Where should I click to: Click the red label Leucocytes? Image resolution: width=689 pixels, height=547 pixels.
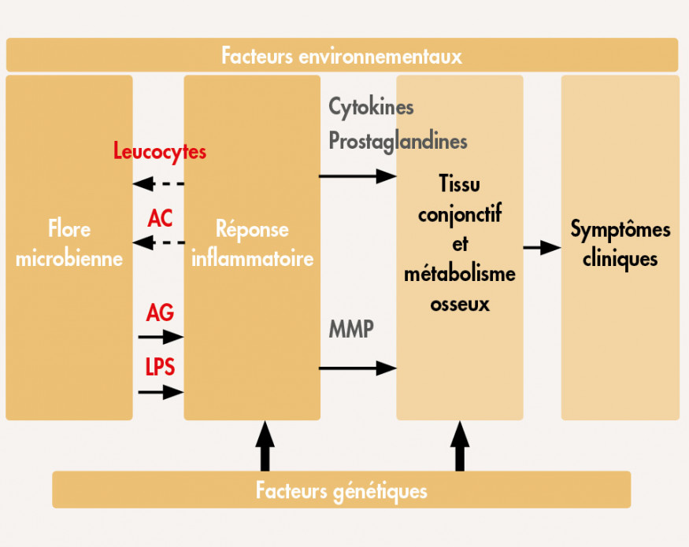[x=160, y=150]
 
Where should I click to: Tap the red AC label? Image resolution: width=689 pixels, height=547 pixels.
[x=160, y=219]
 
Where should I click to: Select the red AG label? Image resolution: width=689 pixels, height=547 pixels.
[x=160, y=313]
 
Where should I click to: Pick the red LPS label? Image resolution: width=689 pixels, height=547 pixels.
[x=160, y=367]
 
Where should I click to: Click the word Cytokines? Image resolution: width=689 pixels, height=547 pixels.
[x=371, y=106]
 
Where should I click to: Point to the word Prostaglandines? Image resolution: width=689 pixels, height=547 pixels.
[x=398, y=142]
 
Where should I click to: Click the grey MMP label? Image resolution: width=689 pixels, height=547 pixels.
[x=351, y=329]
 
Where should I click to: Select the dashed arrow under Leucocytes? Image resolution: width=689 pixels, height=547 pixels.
[x=158, y=184]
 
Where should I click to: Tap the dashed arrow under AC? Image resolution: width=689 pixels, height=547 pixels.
[x=158, y=242]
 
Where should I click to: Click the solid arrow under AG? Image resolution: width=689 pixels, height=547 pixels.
[x=161, y=338]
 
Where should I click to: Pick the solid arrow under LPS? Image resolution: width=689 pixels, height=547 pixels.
[x=161, y=391]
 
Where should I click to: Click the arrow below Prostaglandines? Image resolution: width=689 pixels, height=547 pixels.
[x=357, y=176]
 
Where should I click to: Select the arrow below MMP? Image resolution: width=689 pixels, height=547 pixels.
[x=357, y=367]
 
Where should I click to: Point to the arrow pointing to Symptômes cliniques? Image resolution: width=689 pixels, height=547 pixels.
[x=542, y=247]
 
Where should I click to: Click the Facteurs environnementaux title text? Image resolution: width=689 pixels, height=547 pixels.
[x=342, y=56]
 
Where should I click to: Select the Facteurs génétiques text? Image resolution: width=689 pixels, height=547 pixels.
[x=342, y=491]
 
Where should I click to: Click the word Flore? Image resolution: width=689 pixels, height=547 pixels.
[x=69, y=230]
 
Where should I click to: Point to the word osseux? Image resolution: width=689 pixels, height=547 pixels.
[x=460, y=304]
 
